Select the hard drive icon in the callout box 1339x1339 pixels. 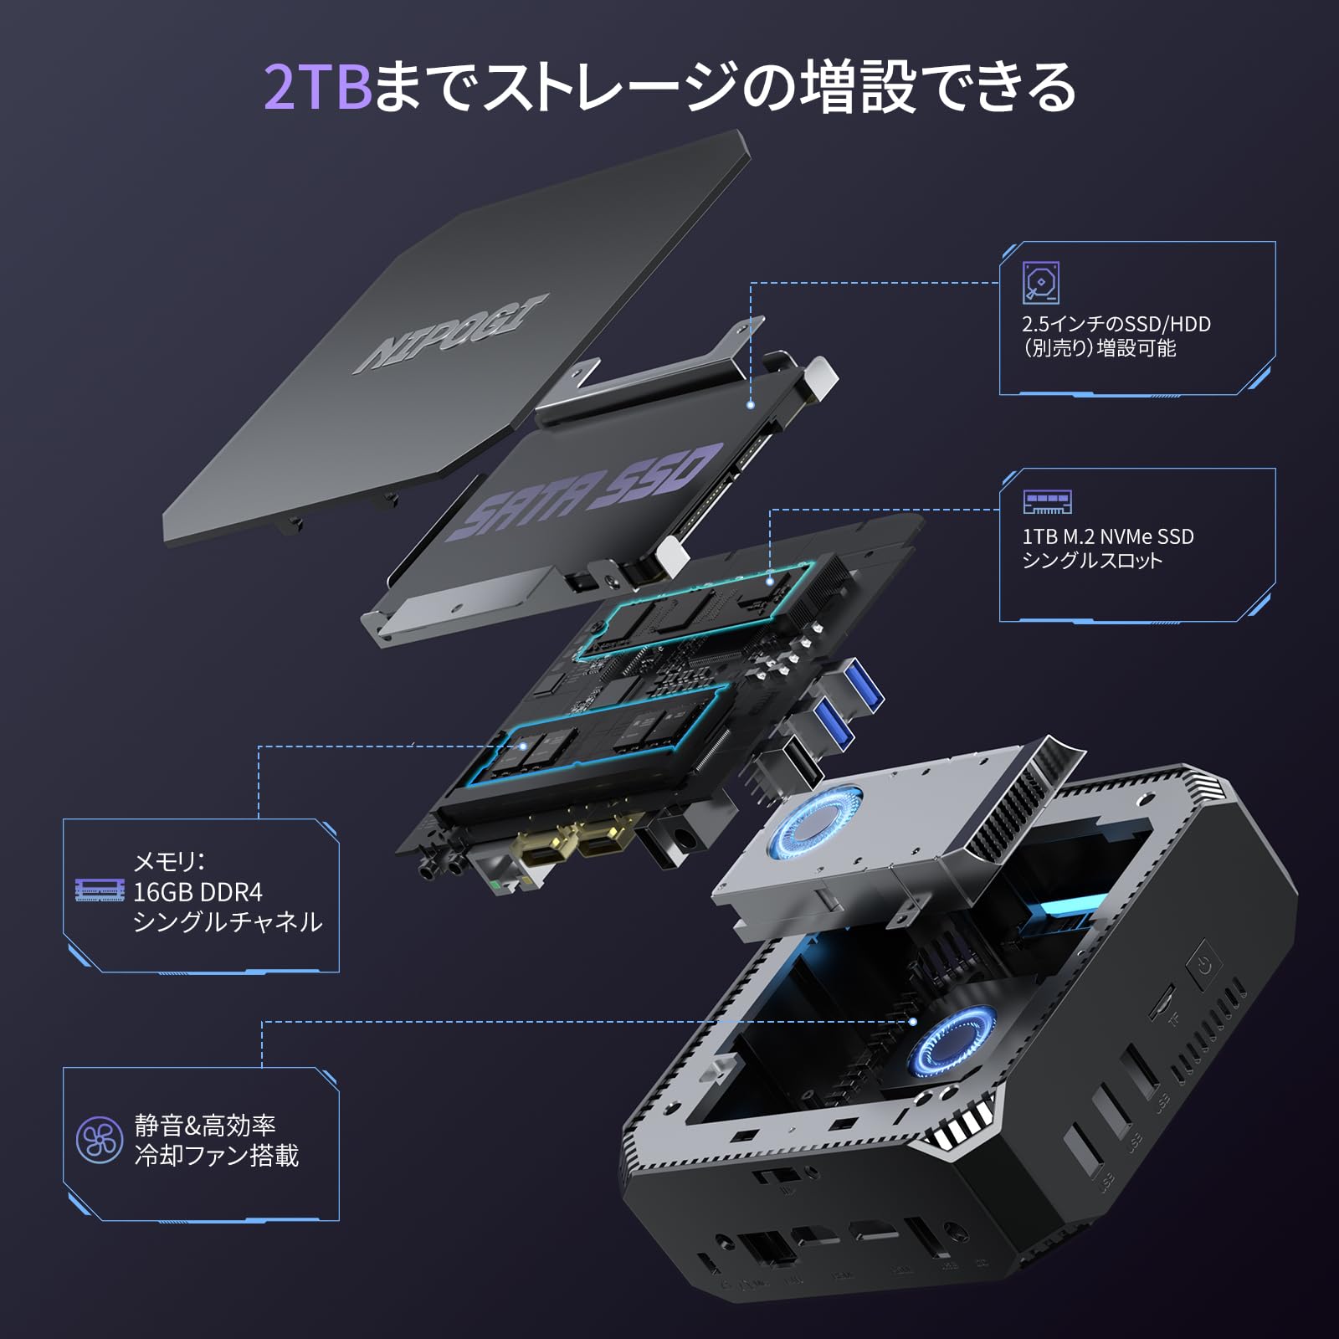(x=1041, y=282)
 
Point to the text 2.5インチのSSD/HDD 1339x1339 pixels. (x=1116, y=324)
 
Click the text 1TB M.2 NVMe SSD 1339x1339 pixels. (x=1107, y=536)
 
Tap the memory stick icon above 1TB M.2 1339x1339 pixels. (x=1047, y=502)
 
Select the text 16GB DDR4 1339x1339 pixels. (x=198, y=892)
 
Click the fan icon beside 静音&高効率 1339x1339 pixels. (x=100, y=1140)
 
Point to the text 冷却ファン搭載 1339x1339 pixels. (x=217, y=1156)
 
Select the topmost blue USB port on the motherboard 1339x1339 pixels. (x=862, y=682)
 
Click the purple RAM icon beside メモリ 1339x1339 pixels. (x=100, y=890)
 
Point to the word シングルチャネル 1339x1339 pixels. (x=228, y=922)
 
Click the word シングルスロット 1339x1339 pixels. (x=1092, y=561)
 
